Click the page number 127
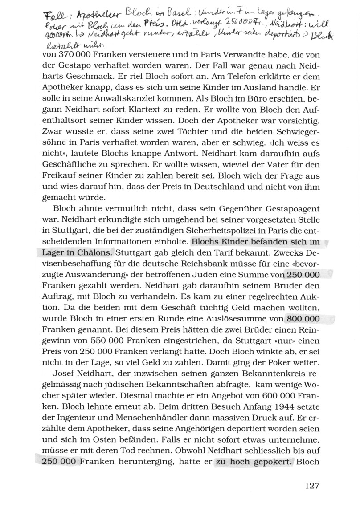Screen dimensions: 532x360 point(312,485)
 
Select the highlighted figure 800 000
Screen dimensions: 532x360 point(303,319)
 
